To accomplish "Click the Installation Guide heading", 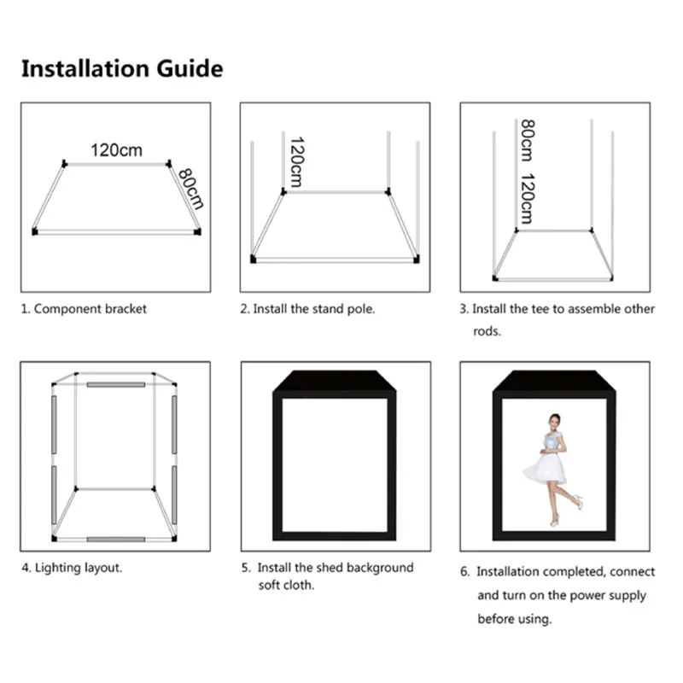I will pyautogui.click(x=122, y=69).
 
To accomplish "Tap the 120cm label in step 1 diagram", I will pyautogui.click(x=116, y=150).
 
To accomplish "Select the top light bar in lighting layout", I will pyautogui.click(x=115, y=385).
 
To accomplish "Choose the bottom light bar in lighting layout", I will pyautogui.click(x=115, y=540).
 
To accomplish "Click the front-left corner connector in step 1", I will pyautogui.click(x=35, y=231).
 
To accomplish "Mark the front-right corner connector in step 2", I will pyautogui.click(x=417, y=260).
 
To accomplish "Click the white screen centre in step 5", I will pyautogui.click(x=335, y=461).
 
